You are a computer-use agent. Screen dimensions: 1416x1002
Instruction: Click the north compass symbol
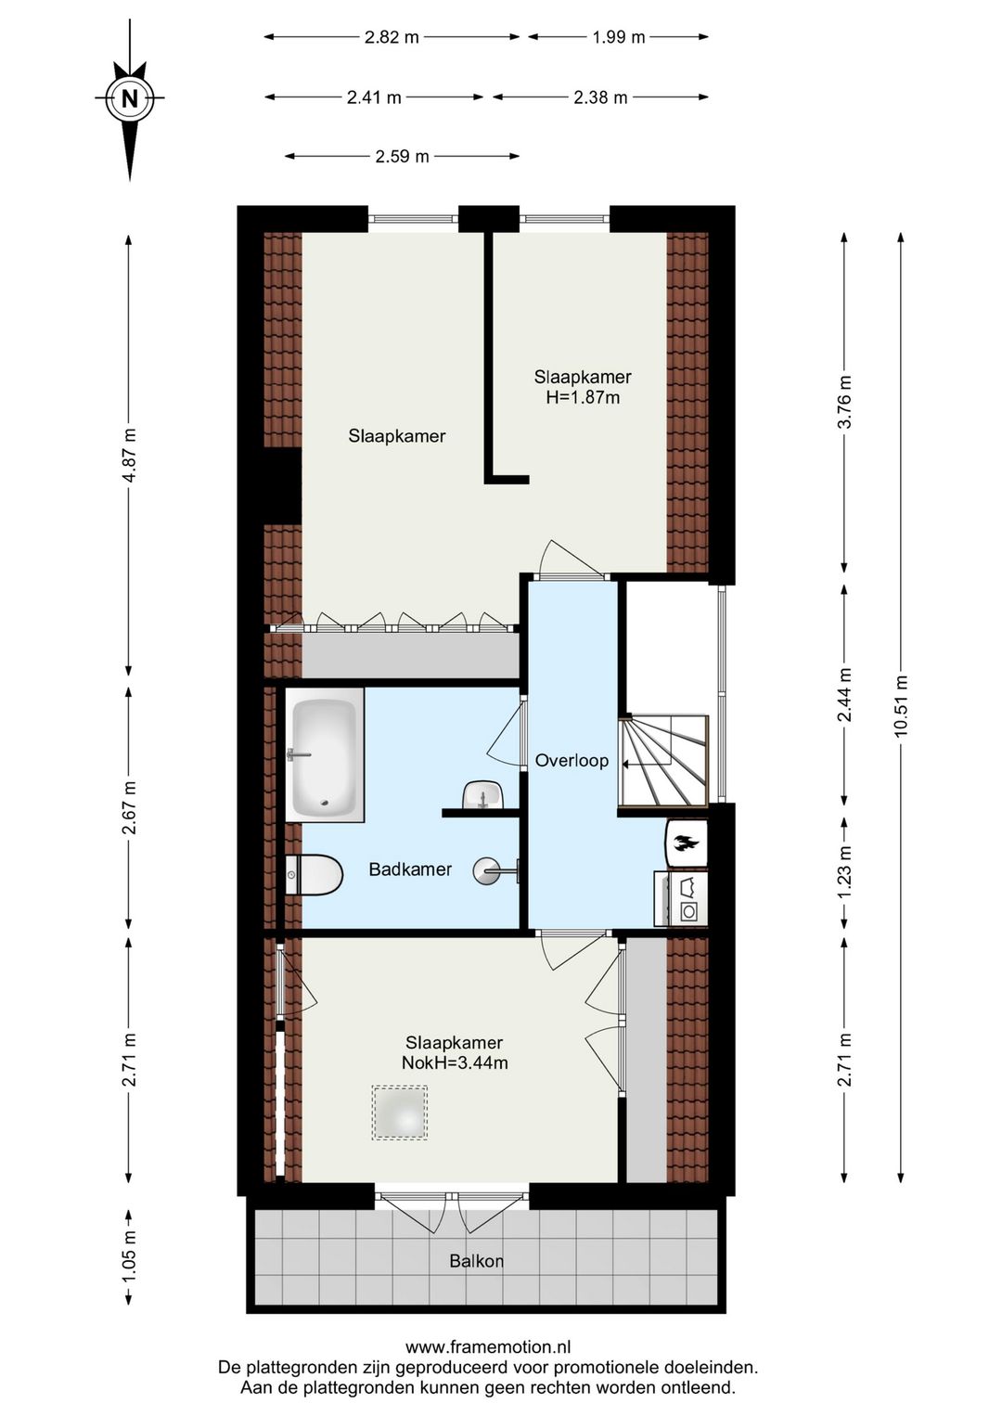tap(130, 98)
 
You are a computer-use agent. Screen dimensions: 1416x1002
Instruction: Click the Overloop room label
tap(572, 760)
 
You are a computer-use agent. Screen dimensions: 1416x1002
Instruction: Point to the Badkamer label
tap(410, 869)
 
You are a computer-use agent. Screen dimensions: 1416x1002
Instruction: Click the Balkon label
tap(476, 1261)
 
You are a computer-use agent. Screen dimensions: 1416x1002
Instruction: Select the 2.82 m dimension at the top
tap(392, 37)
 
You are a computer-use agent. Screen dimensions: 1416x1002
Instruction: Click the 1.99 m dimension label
tap(619, 37)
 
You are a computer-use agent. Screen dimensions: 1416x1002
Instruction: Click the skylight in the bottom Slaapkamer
tap(400, 1113)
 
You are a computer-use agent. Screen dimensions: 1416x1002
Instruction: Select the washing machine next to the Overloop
tap(682, 899)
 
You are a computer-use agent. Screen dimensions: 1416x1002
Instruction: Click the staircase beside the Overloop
tap(665, 761)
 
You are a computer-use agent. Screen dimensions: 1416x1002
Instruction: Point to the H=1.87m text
tap(583, 398)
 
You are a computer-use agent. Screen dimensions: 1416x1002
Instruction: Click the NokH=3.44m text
tap(455, 1063)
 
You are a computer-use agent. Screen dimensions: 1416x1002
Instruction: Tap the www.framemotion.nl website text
tap(488, 1347)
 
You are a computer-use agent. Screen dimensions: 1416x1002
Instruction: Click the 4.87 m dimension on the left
tap(129, 455)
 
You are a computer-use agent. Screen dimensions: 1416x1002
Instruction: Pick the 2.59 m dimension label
tap(402, 157)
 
